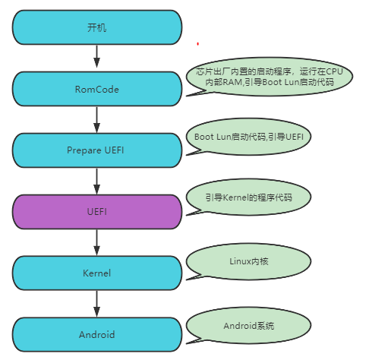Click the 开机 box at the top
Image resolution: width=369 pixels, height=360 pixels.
(x=97, y=27)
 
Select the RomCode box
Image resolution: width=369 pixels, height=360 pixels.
(x=97, y=89)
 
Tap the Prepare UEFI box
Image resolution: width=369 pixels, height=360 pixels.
(x=97, y=150)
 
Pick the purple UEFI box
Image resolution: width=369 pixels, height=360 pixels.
(x=97, y=212)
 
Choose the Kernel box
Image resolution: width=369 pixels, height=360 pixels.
(x=97, y=273)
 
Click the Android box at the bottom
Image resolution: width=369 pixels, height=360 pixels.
(x=97, y=334)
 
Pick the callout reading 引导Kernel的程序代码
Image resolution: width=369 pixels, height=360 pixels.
(x=249, y=197)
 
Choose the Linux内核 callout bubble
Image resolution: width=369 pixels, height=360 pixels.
(x=249, y=261)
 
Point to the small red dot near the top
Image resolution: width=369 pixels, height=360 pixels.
(x=197, y=44)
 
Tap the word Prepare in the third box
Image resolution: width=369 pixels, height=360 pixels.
(x=83, y=150)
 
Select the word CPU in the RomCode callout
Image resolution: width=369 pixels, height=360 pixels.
(x=335, y=71)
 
